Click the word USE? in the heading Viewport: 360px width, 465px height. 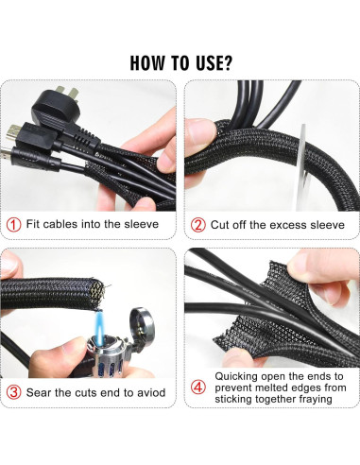(214, 62)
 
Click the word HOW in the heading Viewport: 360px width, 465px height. (147, 62)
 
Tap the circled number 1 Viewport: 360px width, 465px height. (13, 225)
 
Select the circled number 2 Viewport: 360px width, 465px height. (198, 225)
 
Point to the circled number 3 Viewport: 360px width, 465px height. (14, 392)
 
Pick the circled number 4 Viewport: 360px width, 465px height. (198, 387)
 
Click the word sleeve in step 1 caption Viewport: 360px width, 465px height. (141, 224)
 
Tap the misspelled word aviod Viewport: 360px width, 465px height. (151, 392)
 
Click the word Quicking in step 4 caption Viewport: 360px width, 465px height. (236, 376)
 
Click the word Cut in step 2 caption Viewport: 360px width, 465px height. (219, 225)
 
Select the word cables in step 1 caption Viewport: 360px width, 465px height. (60, 224)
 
